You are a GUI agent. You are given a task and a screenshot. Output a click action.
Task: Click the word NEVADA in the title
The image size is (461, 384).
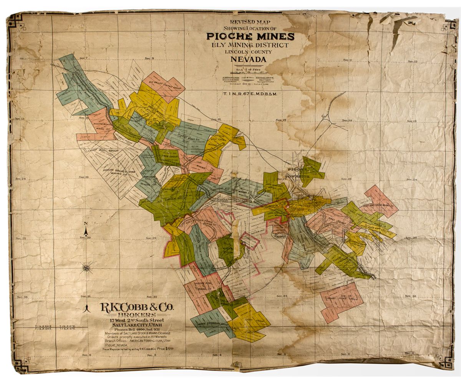tap(248, 60)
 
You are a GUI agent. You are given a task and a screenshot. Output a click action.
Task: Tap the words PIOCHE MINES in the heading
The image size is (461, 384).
tap(250, 36)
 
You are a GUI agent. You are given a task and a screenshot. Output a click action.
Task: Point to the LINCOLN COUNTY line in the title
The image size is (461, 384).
tap(249, 52)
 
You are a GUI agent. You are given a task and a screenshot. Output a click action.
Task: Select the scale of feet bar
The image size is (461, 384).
tap(250, 71)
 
